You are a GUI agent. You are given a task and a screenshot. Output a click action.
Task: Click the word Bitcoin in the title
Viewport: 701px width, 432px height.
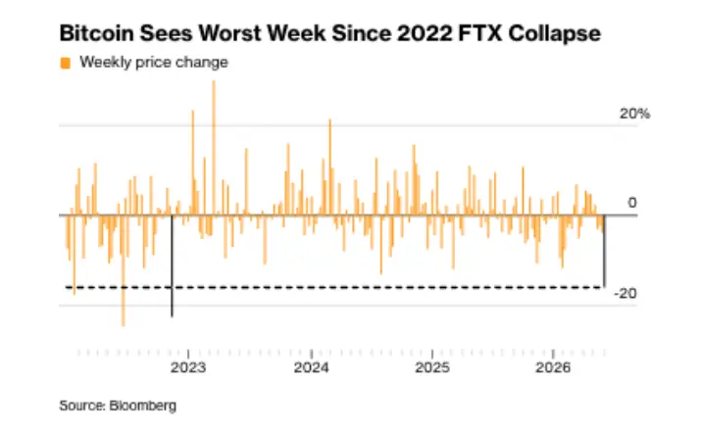96,33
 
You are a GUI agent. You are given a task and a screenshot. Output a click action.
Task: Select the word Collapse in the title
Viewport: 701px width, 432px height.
554,34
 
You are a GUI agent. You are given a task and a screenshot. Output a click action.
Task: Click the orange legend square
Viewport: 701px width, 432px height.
66,63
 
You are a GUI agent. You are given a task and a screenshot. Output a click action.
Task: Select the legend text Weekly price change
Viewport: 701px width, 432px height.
154,62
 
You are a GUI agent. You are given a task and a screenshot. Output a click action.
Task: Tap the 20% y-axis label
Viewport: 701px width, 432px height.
635,114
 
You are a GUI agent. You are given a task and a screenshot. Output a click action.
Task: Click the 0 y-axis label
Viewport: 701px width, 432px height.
632,203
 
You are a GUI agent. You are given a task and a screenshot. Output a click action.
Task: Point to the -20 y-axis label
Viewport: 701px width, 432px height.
626,294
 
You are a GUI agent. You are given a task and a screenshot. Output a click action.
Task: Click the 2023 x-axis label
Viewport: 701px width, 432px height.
188,367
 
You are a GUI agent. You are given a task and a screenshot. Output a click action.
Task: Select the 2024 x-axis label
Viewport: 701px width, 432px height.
311,367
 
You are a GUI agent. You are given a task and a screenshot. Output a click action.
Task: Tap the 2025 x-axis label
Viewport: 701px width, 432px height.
432,367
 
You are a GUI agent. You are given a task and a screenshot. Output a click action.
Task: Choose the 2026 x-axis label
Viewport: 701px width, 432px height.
554,367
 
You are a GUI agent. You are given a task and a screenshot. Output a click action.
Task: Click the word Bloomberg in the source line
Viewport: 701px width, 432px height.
142,406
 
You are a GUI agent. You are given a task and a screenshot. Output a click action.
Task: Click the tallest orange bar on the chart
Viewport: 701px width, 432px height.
214,148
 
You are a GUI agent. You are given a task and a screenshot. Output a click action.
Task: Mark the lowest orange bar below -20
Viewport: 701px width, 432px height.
124,270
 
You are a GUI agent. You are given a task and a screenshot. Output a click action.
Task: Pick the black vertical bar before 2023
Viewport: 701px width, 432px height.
173,265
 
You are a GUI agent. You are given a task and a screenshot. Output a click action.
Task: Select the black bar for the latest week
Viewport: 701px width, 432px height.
605,251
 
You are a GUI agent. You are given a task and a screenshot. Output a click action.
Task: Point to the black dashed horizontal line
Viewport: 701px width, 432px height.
334,287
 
